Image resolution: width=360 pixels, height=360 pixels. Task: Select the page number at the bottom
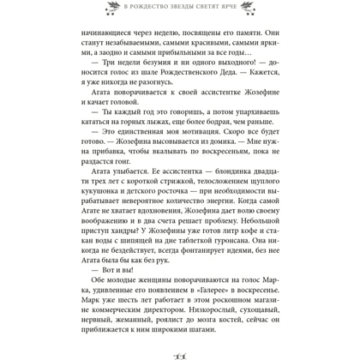tap(180, 354)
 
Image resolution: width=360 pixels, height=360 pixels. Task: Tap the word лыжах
tap(153, 158)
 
